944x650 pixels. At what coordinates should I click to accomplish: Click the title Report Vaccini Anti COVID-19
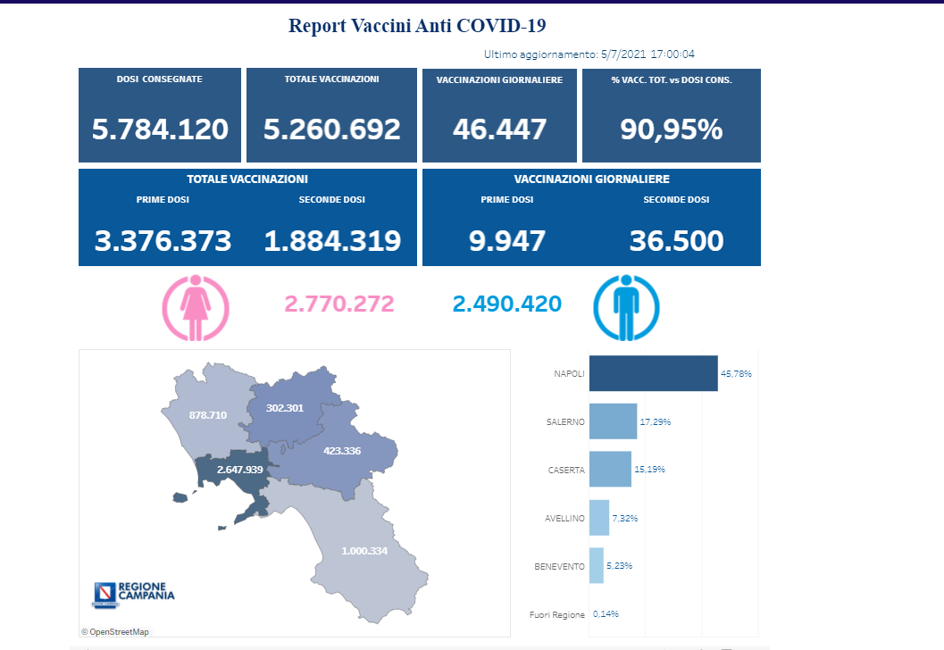click(x=417, y=25)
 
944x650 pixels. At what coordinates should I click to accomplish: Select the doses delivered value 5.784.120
click(x=160, y=129)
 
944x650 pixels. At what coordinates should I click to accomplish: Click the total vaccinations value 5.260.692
click(x=331, y=129)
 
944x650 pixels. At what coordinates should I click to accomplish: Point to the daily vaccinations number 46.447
click(x=499, y=129)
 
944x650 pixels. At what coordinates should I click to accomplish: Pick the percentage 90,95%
click(x=671, y=129)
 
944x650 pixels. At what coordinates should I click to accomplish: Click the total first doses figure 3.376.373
click(x=163, y=240)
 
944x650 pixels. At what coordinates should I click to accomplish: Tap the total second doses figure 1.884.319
click(x=332, y=240)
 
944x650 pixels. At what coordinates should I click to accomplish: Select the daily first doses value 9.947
click(x=506, y=240)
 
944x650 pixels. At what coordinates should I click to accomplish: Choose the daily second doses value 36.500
click(x=676, y=240)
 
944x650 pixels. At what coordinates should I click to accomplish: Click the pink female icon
click(x=195, y=307)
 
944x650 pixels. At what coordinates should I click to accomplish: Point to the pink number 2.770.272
click(x=338, y=304)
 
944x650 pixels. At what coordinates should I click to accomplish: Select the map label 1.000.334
click(x=363, y=551)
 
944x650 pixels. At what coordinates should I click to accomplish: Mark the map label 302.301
click(x=285, y=408)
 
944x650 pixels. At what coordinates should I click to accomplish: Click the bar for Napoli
click(x=653, y=373)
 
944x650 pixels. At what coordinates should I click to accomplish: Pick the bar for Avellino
click(x=599, y=517)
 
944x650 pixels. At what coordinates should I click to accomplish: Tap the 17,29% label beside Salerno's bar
click(x=655, y=421)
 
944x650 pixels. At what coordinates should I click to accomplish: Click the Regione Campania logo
click(x=134, y=593)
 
